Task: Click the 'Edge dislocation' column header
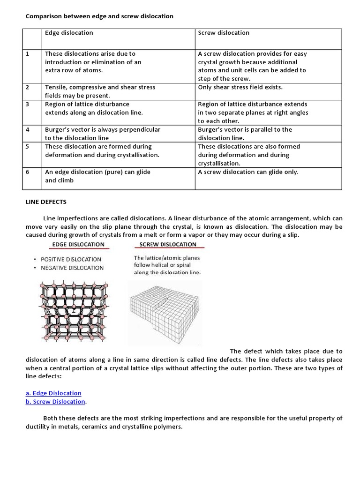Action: (69, 33)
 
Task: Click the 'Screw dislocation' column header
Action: (224, 33)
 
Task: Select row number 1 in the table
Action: (28, 54)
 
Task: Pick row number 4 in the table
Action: (28, 129)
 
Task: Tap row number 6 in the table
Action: (28, 172)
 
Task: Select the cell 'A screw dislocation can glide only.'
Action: (248, 172)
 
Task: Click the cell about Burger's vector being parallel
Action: (245, 134)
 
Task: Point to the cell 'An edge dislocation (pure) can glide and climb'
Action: (97, 176)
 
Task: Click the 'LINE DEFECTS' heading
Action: (45, 202)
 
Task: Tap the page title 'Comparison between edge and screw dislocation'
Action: (99, 16)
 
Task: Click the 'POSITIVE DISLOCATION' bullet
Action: (71, 259)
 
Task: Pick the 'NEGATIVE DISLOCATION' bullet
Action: (72, 268)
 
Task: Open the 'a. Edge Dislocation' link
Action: (53, 393)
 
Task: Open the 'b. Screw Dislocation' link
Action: (55, 402)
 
